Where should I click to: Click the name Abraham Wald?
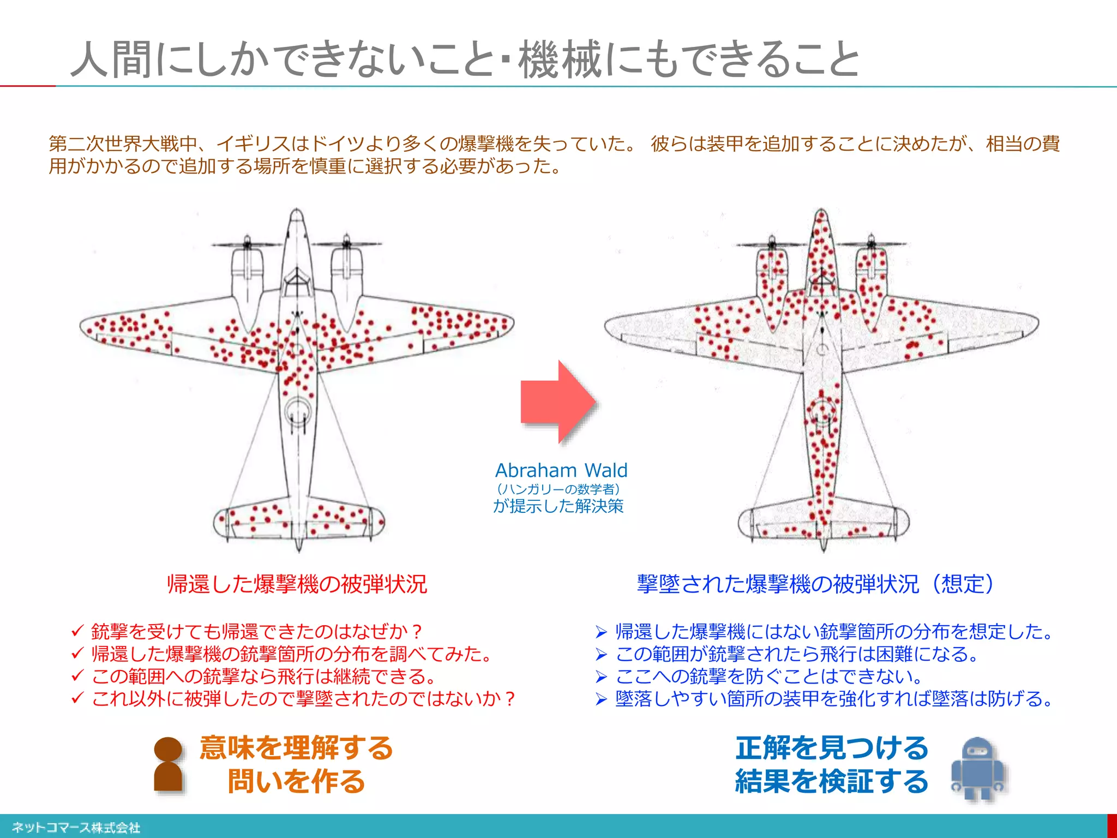coord(561,470)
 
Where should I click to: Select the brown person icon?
coord(168,764)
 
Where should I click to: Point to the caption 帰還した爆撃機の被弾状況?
coord(297,584)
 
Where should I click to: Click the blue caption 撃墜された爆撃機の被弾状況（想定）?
coord(816,584)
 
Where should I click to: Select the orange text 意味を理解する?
coord(296,747)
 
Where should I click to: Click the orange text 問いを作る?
coord(296,781)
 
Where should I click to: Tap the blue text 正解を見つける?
coord(832,747)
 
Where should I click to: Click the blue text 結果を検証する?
coord(832,781)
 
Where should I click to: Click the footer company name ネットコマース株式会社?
coord(76,828)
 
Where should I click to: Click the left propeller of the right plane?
coord(772,243)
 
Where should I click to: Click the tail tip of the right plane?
coord(823,547)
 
